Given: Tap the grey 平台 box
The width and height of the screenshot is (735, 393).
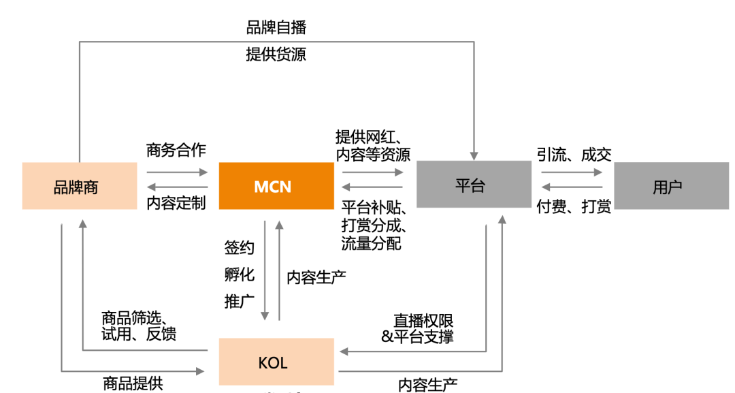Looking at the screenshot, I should [474, 185].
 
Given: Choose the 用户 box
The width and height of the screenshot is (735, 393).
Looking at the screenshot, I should [671, 185].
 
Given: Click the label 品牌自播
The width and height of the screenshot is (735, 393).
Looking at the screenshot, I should [276, 27].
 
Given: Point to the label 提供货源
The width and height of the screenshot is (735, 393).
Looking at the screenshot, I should [276, 54].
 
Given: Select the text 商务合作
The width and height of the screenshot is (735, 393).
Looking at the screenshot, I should [176, 150].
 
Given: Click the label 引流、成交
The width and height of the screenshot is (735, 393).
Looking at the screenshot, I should [574, 155].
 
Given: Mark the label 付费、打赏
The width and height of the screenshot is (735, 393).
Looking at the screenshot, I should [574, 206].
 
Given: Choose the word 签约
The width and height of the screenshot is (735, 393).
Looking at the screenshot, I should [239, 247].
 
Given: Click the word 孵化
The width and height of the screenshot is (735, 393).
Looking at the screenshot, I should [239, 274].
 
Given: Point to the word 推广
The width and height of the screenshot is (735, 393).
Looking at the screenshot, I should [239, 301].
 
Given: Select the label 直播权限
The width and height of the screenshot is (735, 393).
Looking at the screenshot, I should [423, 320].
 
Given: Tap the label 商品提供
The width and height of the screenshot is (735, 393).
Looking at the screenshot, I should [133, 383].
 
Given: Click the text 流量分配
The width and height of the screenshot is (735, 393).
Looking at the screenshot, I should [371, 242].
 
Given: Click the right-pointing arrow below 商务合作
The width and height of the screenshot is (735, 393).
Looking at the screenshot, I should [177, 172].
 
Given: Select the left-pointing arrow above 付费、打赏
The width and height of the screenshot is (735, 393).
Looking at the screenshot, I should [572, 187].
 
